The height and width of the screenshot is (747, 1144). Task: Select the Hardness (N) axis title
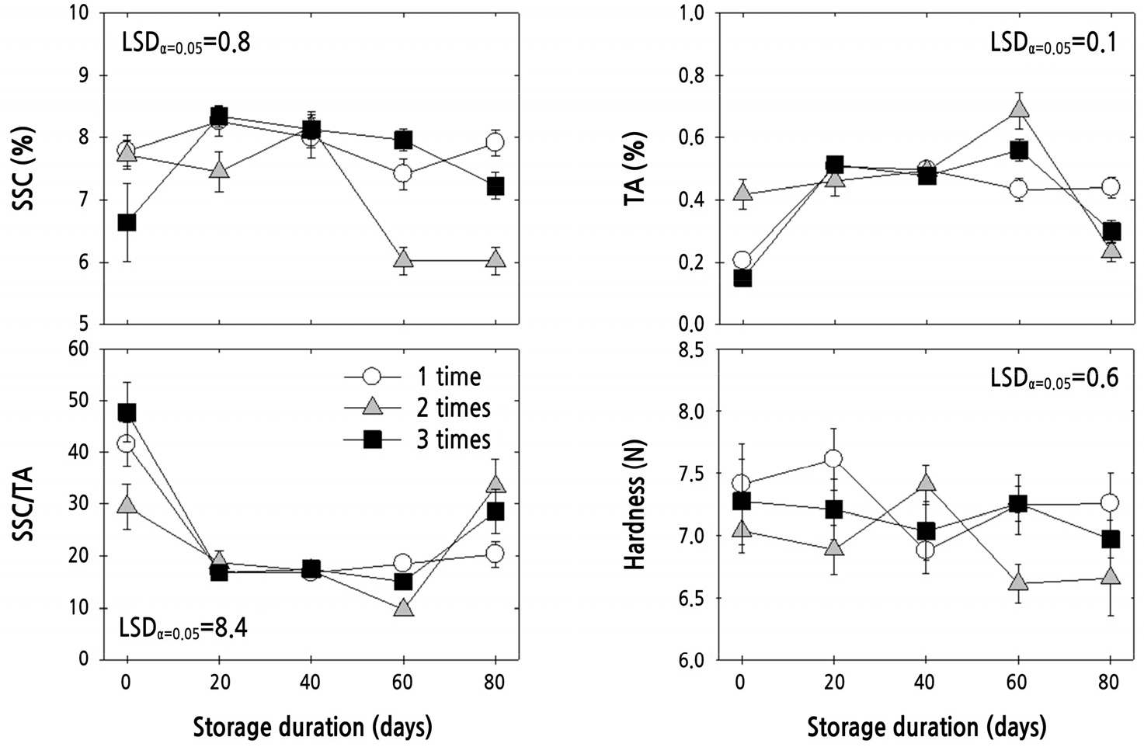pos(635,505)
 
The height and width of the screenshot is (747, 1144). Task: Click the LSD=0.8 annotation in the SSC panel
pos(186,42)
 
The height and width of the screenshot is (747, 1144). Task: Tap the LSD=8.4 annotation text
pos(183,628)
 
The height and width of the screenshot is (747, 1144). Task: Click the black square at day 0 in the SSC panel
pos(127,223)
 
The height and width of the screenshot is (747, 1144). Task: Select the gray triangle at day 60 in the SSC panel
pos(403,259)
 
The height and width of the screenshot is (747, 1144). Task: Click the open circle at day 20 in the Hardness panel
pos(834,458)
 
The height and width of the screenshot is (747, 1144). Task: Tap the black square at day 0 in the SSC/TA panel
pos(127,412)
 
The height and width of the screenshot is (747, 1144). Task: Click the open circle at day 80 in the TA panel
pos(1110,186)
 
